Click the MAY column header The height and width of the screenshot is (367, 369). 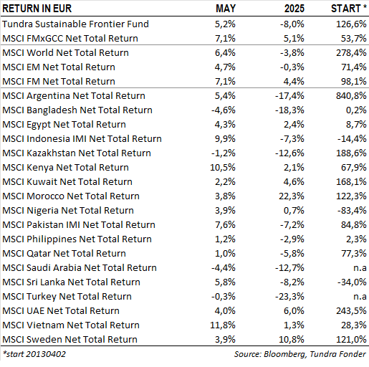coord(226,9)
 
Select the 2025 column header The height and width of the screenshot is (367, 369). coord(294,9)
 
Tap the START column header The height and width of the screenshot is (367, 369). coord(349,9)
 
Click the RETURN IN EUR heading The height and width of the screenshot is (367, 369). coord(37,9)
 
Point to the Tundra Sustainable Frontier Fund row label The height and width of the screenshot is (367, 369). coord(75,24)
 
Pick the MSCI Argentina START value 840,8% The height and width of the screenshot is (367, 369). coord(351,96)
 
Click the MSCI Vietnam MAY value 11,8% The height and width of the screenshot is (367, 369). coord(223,325)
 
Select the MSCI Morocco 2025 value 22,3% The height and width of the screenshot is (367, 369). coord(292,196)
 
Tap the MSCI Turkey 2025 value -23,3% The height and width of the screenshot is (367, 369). coord(289,297)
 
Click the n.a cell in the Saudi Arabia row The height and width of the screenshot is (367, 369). coord(360,268)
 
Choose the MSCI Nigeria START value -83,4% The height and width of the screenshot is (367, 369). coord(352,211)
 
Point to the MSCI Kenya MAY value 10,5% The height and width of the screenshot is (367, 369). coord(223,168)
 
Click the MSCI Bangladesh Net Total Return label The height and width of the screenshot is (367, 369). coord(77,110)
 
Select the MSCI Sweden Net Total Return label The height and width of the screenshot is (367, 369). coord(70,340)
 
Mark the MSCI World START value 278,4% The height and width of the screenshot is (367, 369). coord(351,53)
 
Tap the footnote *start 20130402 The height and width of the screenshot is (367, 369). coord(34,354)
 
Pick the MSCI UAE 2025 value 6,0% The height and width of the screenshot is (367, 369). coord(294,311)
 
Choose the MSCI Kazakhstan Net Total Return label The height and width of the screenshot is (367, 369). coord(77,153)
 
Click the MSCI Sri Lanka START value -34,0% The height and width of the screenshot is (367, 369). coord(352,282)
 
